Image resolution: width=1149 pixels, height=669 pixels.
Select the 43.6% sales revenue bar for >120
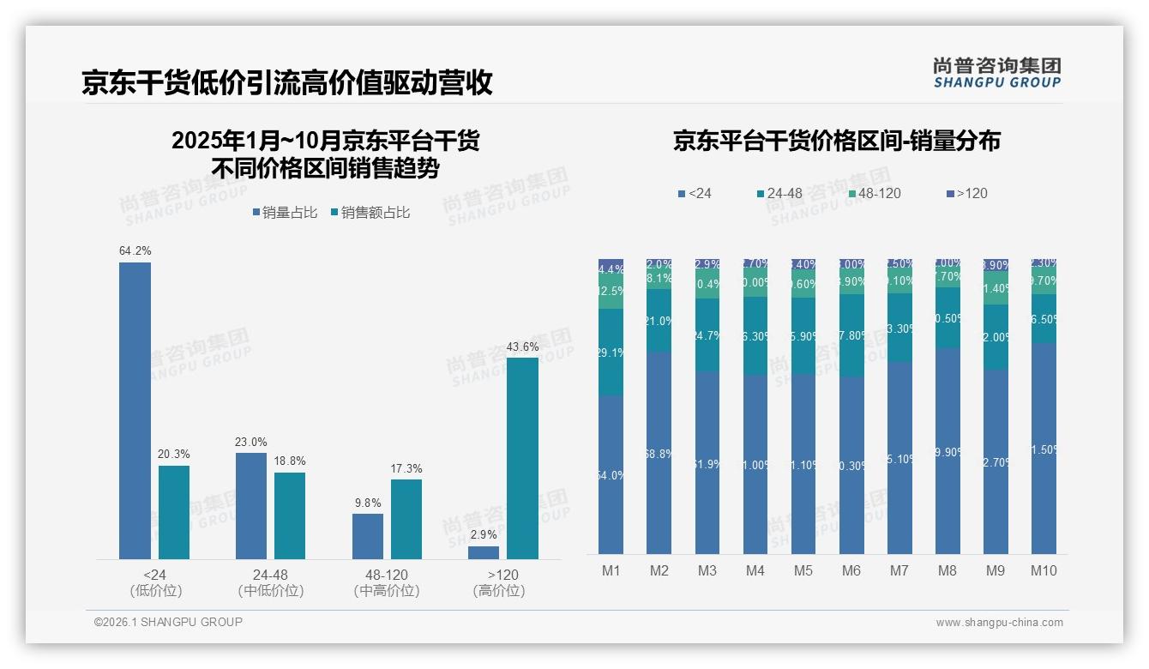coord(522,458)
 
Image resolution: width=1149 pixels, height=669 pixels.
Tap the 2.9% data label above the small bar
coord(484,534)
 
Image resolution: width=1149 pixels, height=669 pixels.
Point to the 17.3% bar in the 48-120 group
coord(406,519)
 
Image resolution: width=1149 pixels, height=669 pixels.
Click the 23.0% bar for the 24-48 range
coord(251,505)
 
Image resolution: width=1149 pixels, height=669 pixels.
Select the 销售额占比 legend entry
coord(370,213)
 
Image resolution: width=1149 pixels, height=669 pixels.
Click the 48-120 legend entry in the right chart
coord(874,194)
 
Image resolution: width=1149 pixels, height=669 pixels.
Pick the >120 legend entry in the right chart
coord(966,194)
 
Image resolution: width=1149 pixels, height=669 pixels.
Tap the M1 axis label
coord(611,570)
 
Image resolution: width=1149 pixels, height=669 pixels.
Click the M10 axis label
coord(1044,570)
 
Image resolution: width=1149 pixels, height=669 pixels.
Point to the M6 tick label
coord(851,570)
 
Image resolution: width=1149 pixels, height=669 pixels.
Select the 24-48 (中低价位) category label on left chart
coord(270,582)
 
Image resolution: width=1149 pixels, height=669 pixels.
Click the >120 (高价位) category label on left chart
coord(498,582)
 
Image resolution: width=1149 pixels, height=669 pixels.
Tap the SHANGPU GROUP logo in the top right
coord(996,73)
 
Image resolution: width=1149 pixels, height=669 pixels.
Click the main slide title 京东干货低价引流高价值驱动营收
coord(287,82)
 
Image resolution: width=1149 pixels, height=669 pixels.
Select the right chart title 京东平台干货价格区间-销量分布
coord(836,142)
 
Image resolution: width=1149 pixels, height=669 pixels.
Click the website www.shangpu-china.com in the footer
coord(999,623)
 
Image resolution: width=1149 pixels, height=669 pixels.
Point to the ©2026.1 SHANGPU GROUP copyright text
coord(168,622)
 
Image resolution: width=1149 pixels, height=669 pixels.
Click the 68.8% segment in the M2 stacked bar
coord(659,453)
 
